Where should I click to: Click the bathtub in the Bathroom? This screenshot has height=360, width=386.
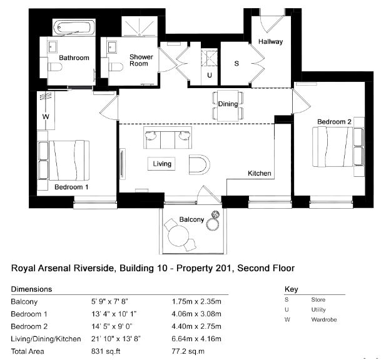(x=74, y=27)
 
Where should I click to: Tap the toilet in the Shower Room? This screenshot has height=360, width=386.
(x=116, y=67)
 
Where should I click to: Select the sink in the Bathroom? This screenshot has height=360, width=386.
(x=53, y=47)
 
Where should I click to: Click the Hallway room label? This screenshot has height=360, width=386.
(x=270, y=41)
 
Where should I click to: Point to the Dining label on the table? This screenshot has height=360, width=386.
(x=228, y=104)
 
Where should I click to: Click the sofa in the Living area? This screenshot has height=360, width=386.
(x=168, y=137)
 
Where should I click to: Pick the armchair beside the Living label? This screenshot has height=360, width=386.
(x=200, y=164)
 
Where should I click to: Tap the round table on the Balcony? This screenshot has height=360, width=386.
(x=178, y=236)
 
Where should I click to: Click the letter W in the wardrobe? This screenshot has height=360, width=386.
(x=46, y=116)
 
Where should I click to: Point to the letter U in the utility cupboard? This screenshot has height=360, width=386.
(x=210, y=75)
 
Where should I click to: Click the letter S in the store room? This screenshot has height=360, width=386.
(x=236, y=64)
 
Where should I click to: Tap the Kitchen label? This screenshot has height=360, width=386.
(x=260, y=173)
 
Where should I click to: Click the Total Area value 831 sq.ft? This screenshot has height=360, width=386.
(x=106, y=351)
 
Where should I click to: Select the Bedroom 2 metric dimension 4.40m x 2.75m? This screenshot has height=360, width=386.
(x=196, y=326)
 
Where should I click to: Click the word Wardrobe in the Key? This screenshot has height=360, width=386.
(x=324, y=319)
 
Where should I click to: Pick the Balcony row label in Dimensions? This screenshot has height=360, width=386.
(x=24, y=302)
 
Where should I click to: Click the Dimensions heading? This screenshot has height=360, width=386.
(x=31, y=289)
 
